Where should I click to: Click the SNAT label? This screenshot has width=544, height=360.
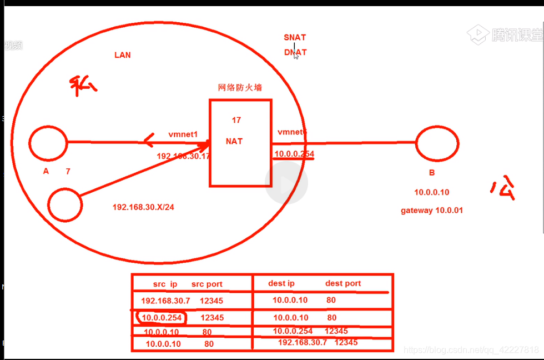click(295, 37)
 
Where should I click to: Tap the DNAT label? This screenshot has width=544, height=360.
click(295, 52)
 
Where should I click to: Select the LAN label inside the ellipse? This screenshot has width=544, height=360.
click(123, 55)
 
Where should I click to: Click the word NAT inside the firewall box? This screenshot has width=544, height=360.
click(234, 141)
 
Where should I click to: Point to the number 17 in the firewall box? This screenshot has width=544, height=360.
click(236, 120)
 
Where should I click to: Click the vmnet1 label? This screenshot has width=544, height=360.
click(183, 134)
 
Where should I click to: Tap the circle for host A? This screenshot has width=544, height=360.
click(48, 143)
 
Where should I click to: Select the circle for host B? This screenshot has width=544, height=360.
click(438, 144)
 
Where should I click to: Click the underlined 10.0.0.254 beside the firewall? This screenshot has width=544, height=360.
click(294, 153)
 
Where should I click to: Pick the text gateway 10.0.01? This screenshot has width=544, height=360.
click(431, 211)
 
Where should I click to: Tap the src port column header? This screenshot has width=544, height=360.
click(206, 284)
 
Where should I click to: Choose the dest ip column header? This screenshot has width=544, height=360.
click(281, 283)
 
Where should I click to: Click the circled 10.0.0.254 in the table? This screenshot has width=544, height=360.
click(161, 318)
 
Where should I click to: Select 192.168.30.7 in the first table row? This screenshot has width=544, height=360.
click(165, 301)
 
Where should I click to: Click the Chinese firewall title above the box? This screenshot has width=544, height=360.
click(240, 87)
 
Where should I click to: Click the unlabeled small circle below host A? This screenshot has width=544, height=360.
click(65, 204)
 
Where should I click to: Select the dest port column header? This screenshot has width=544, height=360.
click(343, 283)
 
